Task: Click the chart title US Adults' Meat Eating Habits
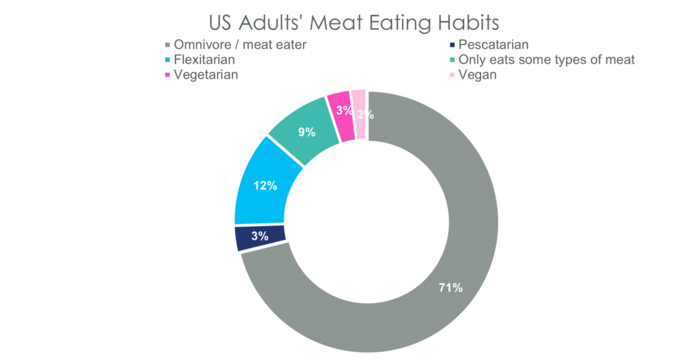(353, 23)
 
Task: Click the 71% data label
(450, 288)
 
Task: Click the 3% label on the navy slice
(260, 236)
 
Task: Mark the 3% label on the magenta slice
(345, 111)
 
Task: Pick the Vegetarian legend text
(205, 75)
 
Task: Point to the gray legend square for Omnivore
(165, 45)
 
